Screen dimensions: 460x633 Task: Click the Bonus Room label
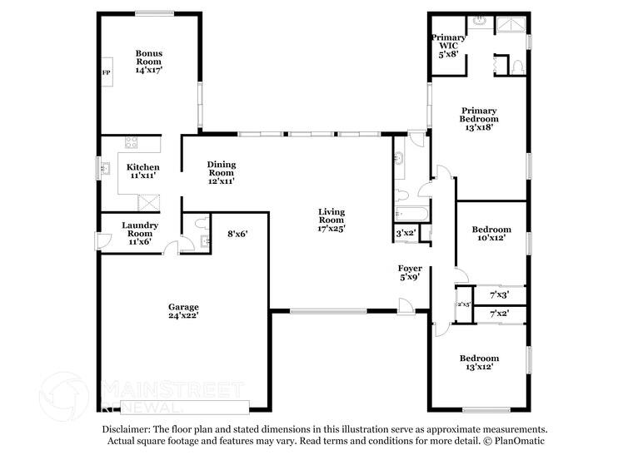pyautogui.click(x=149, y=62)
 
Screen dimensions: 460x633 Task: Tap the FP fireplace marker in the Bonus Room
pyautogui.click(x=106, y=73)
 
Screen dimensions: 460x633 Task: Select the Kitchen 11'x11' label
pyautogui.click(x=142, y=171)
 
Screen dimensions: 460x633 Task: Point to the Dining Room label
pyautogui.click(x=222, y=171)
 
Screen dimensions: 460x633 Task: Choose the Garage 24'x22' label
pyautogui.click(x=183, y=311)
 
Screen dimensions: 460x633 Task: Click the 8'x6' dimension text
pyautogui.click(x=237, y=234)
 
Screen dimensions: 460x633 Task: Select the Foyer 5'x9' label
pyautogui.click(x=409, y=273)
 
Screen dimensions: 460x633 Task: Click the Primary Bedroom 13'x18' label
pyautogui.click(x=479, y=119)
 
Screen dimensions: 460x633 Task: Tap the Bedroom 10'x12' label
pyautogui.click(x=491, y=234)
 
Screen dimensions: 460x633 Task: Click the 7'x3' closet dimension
pyautogui.click(x=499, y=294)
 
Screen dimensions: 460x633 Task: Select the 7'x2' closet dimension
pyautogui.click(x=499, y=314)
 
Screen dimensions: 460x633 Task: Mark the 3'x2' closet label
pyautogui.click(x=406, y=234)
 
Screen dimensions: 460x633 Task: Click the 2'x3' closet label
pyautogui.click(x=463, y=304)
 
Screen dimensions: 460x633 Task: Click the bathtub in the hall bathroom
pyautogui.click(x=411, y=214)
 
